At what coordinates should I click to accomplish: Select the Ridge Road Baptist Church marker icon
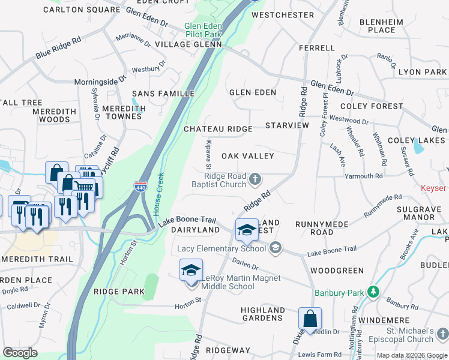click(255, 179)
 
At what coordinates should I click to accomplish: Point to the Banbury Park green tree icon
click(373, 292)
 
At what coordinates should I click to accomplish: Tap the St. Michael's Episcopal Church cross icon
click(442, 333)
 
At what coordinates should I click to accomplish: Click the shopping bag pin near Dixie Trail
click(310, 318)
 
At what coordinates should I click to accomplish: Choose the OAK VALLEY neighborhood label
click(247, 156)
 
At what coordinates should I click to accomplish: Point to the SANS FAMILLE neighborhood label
click(163, 94)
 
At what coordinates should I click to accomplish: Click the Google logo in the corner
click(20, 353)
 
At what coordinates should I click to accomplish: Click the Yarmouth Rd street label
click(363, 176)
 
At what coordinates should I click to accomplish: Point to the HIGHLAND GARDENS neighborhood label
click(262, 314)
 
